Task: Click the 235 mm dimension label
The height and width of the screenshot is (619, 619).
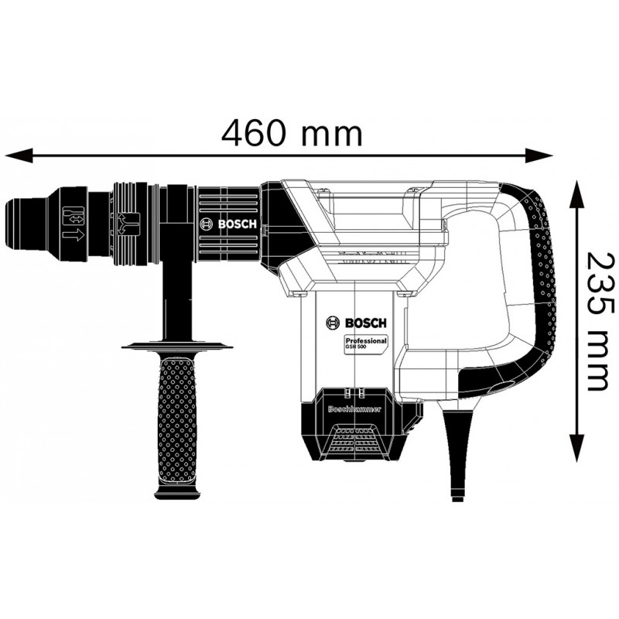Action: [x=596, y=321]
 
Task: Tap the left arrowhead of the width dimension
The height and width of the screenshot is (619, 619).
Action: [x=19, y=154]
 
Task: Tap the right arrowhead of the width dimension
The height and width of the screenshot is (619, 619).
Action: [x=539, y=154]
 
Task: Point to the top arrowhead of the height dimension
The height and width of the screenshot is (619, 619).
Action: [x=577, y=195]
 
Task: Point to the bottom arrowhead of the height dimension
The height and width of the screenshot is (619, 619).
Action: [x=577, y=447]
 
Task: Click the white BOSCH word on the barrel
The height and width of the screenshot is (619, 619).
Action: [x=238, y=224]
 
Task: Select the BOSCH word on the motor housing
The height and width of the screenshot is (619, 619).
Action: [x=366, y=323]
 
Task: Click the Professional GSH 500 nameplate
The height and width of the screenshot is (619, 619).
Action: [x=365, y=343]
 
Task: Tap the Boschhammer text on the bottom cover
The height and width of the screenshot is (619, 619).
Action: [x=354, y=409]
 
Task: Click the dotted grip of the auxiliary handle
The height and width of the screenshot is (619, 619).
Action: [x=177, y=419]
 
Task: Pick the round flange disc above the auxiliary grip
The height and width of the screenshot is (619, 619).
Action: [x=177, y=345]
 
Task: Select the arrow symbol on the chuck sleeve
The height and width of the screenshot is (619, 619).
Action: [x=74, y=236]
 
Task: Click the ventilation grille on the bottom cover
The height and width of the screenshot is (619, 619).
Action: [x=355, y=439]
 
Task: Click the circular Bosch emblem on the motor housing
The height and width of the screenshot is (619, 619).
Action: [x=333, y=323]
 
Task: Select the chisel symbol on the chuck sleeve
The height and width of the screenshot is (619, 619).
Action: [x=74, y=217]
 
